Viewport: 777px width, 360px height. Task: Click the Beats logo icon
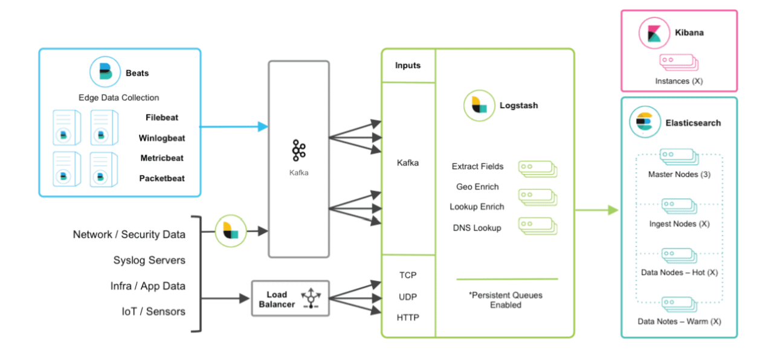point(105,72)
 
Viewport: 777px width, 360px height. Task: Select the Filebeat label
point(161,118)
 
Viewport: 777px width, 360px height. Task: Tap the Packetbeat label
point(161,178)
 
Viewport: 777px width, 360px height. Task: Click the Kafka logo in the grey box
point(298,150)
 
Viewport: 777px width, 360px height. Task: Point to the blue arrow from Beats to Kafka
point(233,126)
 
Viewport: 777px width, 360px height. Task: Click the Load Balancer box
point(291,298)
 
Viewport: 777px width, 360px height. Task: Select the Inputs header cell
point(408,65)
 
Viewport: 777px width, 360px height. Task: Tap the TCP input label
point(408,275)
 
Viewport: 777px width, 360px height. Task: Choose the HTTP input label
point(408,317)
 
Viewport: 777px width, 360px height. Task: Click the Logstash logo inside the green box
point(479,105)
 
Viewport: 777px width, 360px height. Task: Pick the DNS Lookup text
point(477,228)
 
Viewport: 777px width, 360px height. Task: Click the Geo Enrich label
point(477,187)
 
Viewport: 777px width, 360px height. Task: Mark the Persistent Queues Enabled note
point(506,300)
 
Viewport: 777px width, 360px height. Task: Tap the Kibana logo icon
point(654,33)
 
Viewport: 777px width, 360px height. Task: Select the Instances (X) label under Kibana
point(679,80)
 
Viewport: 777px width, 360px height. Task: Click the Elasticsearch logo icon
point(645,122)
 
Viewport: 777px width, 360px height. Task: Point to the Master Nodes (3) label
point(679,175)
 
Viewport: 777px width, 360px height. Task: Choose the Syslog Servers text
point(149,260)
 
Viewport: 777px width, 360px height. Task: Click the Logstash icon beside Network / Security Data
point(230,231)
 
